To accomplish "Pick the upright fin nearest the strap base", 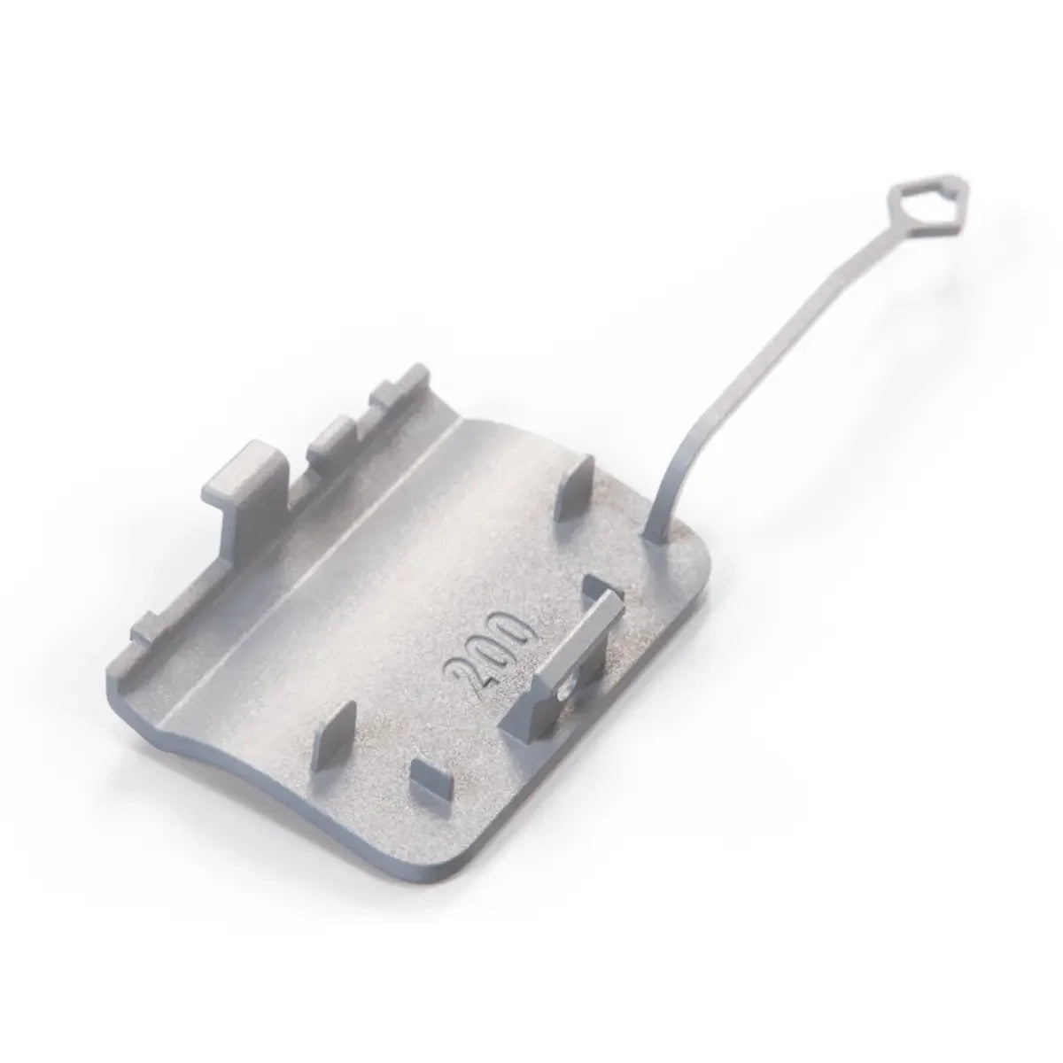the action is coord(574,491).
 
